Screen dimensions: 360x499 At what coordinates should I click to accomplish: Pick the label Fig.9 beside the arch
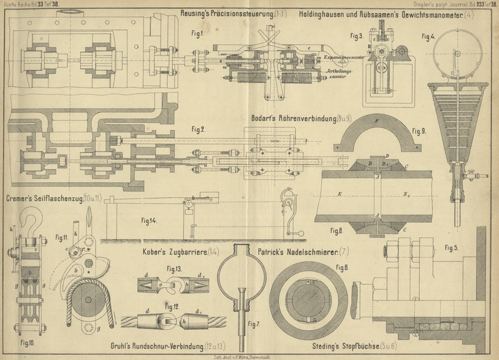click(x=419, y=131)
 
